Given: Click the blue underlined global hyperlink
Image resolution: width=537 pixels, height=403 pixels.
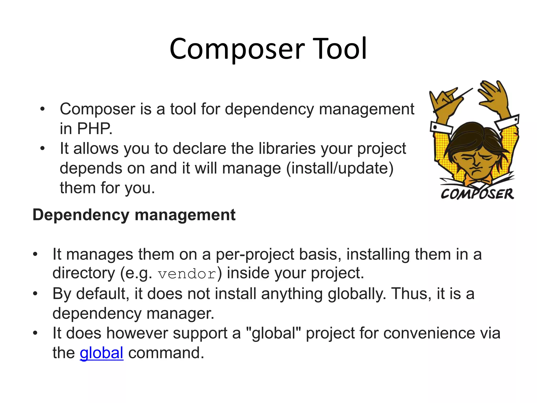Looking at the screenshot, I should pos(101,353).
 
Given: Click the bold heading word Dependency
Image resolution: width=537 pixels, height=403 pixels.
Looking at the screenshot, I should pos(81,215).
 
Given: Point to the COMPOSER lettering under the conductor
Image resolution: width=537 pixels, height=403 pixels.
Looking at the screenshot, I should pos(477,194).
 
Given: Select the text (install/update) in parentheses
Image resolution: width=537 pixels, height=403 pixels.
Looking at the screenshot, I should pos(340,168).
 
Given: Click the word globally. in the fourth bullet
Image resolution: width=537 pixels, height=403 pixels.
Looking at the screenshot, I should pos(357,294).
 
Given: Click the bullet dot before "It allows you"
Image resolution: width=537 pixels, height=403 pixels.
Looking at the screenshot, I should pos(42,149).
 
